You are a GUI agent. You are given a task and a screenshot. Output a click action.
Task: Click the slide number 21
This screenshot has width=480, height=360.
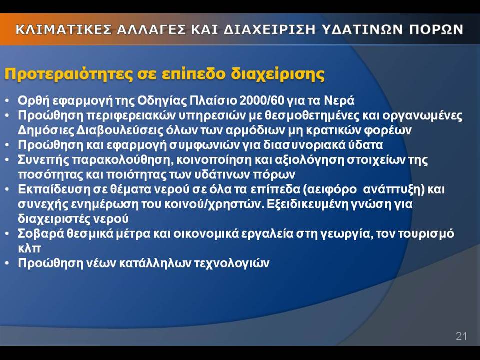(x=461, y=336)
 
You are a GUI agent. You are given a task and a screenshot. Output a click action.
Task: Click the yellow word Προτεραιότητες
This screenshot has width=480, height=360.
(x=69, y=74)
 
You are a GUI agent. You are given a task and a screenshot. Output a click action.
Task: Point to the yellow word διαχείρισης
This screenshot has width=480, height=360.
(x=277, y=74)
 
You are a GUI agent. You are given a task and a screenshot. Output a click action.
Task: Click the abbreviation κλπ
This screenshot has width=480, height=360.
(x=29, y=248)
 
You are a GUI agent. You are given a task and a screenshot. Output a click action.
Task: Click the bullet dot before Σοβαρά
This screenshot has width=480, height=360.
(x=7, y=234)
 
